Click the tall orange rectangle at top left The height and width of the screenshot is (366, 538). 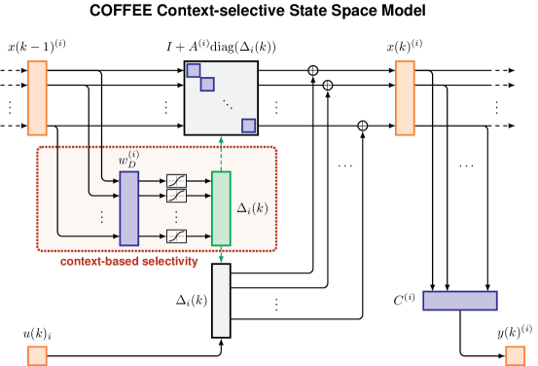tap(37, 97)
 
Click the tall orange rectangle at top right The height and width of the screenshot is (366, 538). tap(405, 97)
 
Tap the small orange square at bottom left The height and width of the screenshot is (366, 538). tap(37, 355)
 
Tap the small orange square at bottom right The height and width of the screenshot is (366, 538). tap(515, 355)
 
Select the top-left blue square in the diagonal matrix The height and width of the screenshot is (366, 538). tap(194, 70)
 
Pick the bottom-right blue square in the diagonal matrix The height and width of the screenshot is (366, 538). tap(249, 126)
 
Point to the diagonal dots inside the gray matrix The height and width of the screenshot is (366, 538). tap(228, 103)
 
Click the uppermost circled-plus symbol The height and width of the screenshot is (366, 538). tap(313, 70)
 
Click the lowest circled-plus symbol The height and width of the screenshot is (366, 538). tap(363, 126)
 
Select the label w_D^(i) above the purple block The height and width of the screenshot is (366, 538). tap(128, 160)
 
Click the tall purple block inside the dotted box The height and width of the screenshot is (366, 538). tap(128, 208)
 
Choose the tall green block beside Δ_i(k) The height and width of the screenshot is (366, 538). tap(221, 208)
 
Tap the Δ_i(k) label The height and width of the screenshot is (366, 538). tap(253, 208)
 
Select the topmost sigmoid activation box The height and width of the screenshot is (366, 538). tap(176, 180)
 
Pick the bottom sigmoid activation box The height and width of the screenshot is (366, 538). tap(176, 236)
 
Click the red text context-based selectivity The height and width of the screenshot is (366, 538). tap(128, 262)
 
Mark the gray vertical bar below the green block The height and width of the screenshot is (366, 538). tap(221, 301)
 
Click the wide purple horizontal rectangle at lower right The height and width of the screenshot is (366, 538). tap(459, 301)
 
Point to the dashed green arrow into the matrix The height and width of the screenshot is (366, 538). tap(221, 153)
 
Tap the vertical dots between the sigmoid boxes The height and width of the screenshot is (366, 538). tap(176, 215)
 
